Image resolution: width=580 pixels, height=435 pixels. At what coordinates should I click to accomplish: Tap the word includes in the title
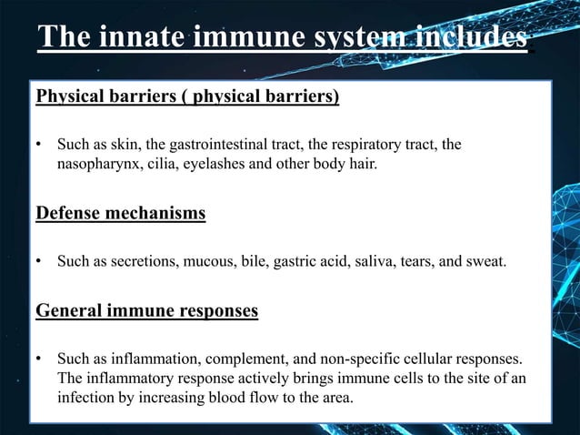(470, 37)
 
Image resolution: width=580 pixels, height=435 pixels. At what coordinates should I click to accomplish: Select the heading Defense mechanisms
(120, 214)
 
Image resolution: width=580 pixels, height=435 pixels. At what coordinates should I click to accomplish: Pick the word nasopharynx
(97, 165)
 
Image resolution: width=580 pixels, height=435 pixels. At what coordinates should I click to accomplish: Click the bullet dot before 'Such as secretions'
(39, 264)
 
